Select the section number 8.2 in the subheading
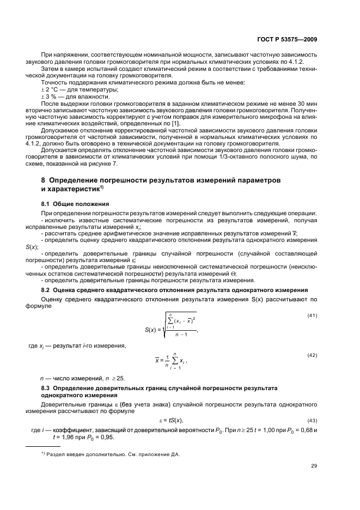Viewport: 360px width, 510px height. click(46, 290)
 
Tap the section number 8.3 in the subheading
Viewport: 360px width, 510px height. click(46, 388)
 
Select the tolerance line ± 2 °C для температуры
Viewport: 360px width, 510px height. click(72, 89)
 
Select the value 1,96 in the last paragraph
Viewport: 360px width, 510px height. click(68, 436)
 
